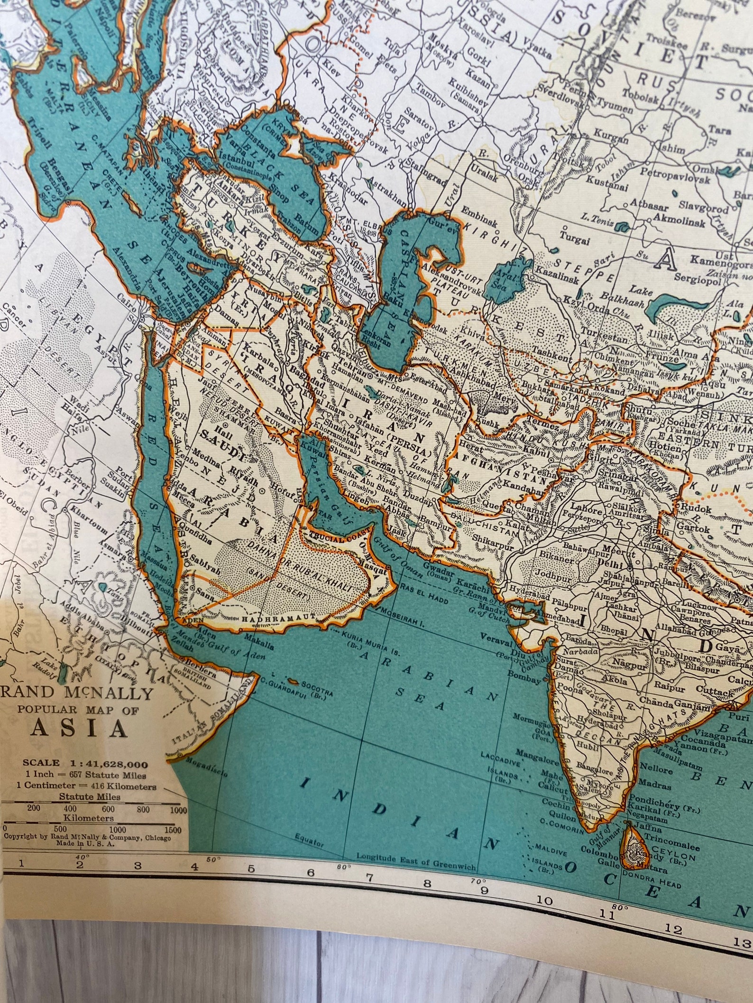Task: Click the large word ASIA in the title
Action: point(79,729)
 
